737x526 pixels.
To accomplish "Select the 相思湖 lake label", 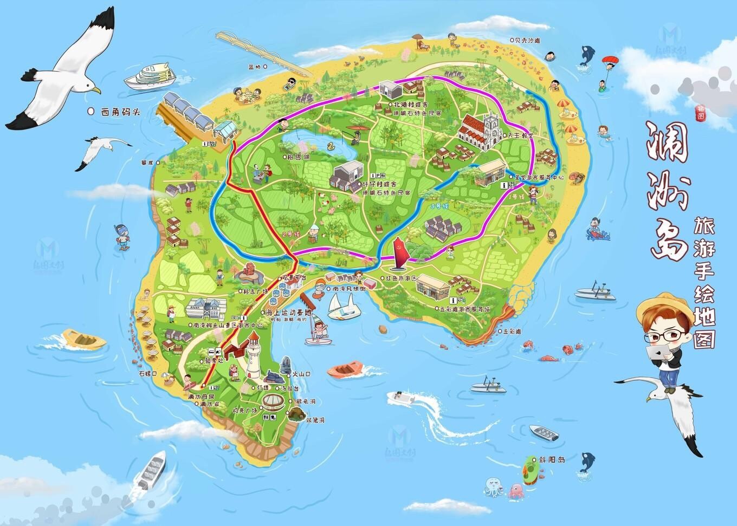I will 299,157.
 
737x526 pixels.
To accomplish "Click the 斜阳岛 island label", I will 552,459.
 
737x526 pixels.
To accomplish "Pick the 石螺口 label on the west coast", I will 148,373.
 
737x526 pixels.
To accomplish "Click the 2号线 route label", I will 290,234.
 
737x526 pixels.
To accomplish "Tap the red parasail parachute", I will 611,59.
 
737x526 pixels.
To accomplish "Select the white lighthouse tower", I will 253,356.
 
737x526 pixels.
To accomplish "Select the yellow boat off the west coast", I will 83,339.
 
